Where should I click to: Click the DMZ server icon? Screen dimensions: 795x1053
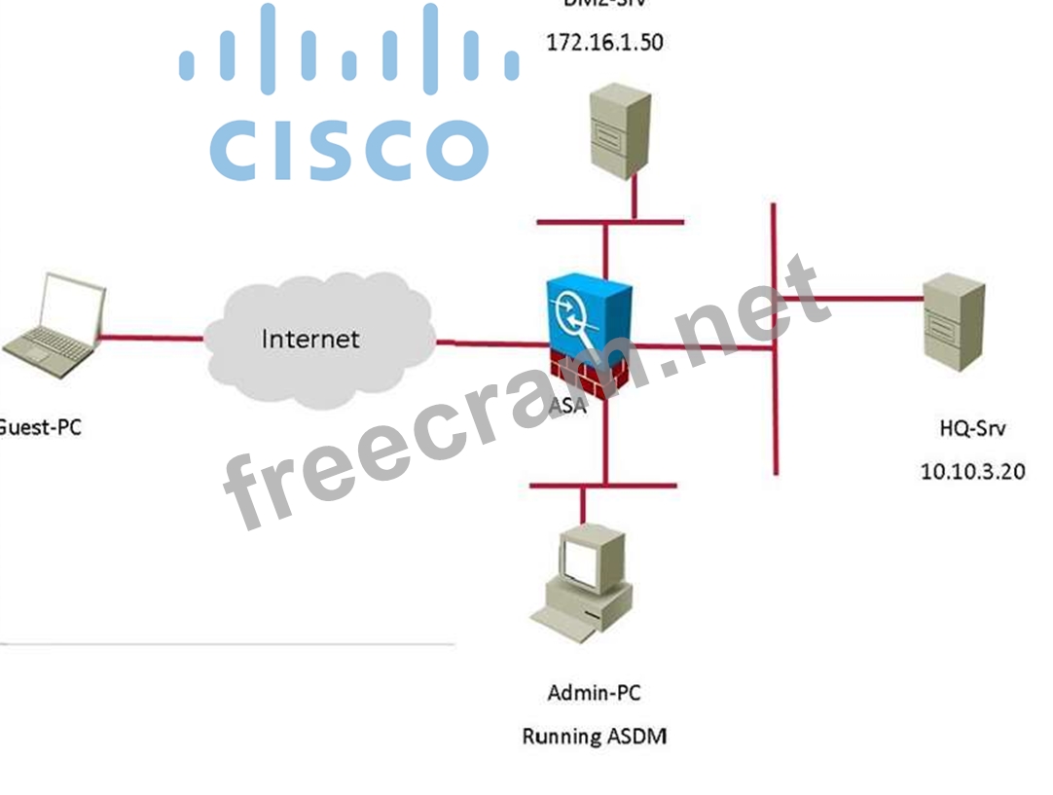click(x=619, y=131)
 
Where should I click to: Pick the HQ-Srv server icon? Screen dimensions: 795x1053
click(x=953, y=321)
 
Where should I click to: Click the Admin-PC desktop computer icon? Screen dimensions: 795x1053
click(x=582, y=584)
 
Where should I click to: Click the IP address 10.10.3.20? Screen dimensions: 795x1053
click(x=972, y=471)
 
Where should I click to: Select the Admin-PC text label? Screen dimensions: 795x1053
click(x=595, y=693)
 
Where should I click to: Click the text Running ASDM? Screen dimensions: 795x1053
click(x=595, y=736)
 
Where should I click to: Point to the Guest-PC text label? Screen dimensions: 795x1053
click(x=39, y=426)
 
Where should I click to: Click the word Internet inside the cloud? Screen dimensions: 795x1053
click(x=310, y=339)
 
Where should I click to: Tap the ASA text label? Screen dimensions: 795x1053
click(x=567, y=406)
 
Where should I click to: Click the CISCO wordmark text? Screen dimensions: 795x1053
click(x=348, y=150)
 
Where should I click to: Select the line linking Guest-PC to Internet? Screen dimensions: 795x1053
click(x=151, y=339)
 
